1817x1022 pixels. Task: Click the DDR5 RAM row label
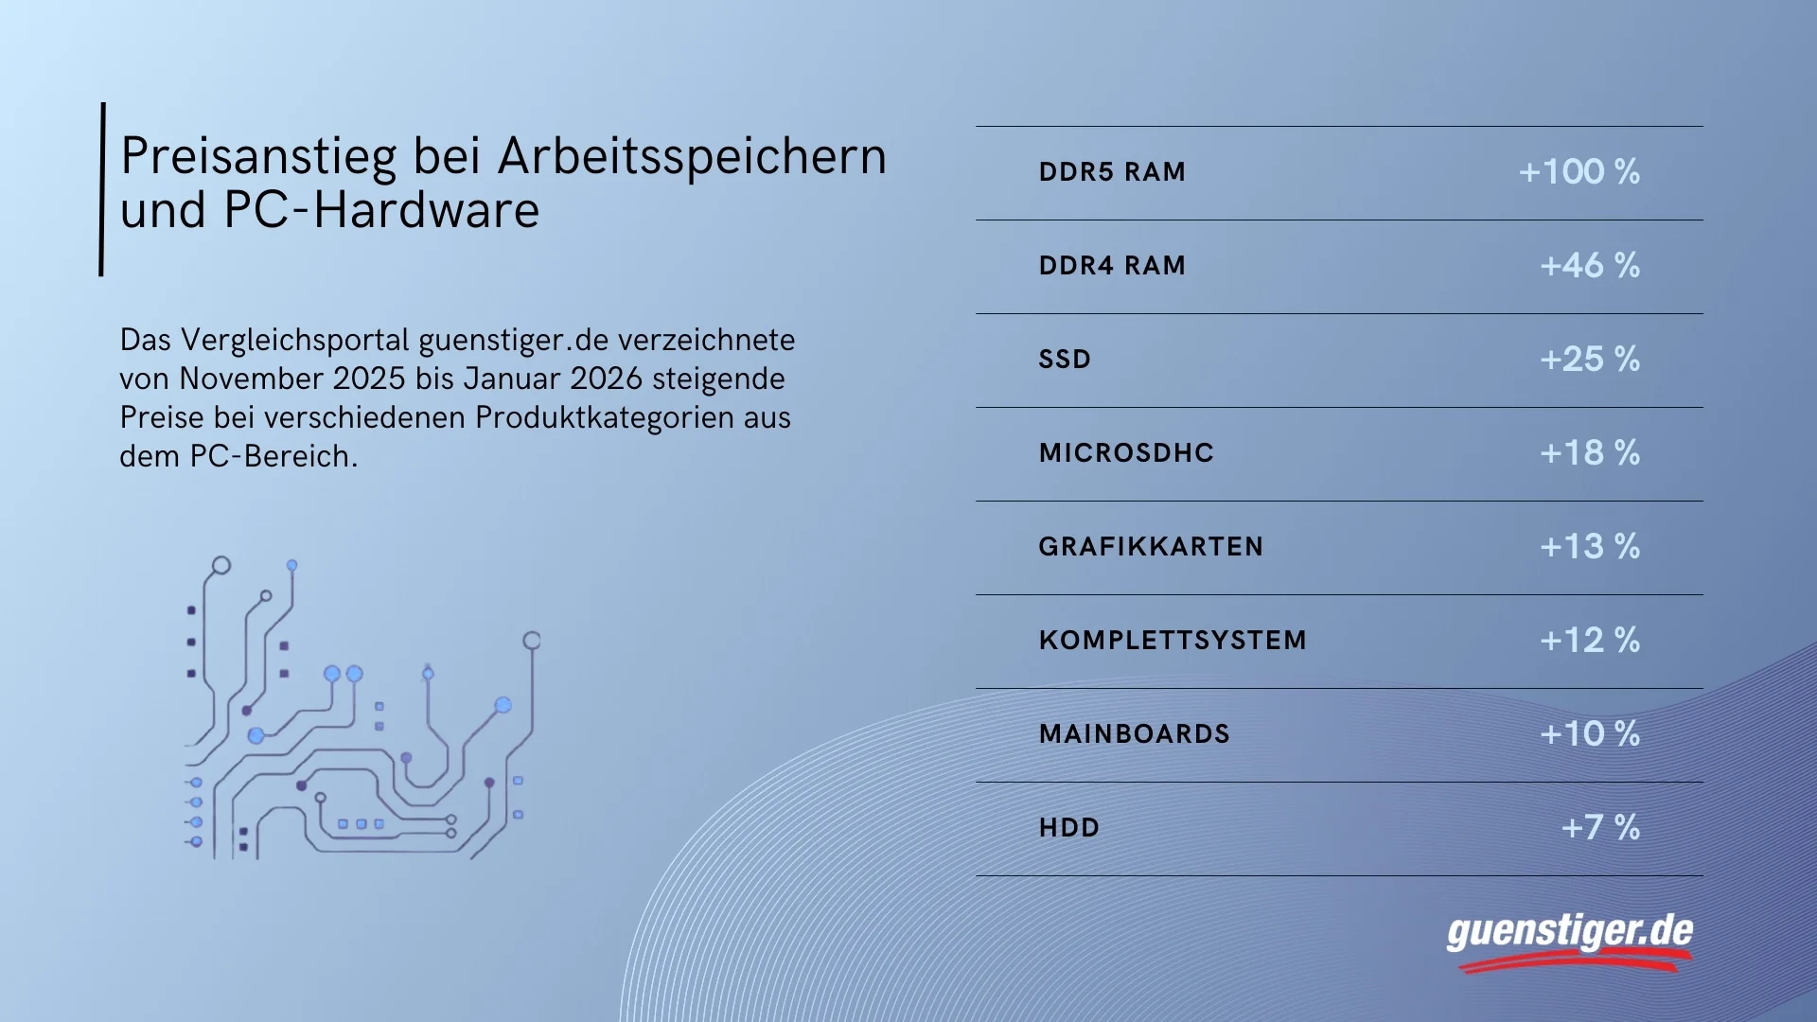pyautogui.click(x=1112, y=172)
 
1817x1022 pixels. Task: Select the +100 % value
pyautogui.click(x=1579, y=171)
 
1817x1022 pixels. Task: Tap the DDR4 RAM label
pyautogui.click(x=1112, y=266)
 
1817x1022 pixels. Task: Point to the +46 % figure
pyautogui.click(x=1590, y=265)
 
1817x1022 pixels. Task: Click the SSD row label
pyautogui.click(x=1065, y=360)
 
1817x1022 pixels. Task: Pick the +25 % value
pyautogui.click(x=1590, y=359)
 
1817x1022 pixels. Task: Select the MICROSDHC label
pyautogui.click(x=1126, y=453)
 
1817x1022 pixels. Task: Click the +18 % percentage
pyautogui.click(x=1590, y=452)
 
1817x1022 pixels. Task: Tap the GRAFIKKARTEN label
pyautogui.click(x=1151, y=547)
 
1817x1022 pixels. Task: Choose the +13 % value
pyautogui.click(x=1590, y=546)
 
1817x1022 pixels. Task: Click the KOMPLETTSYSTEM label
pyautogui.click(x=1173, y=641)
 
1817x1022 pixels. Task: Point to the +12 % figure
pyautogui.click(x=1590, y=640)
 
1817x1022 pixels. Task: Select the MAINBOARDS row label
pyautogui.click(x=1135, y=734)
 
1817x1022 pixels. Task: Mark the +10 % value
pyautogui.click(x=1590, y=733)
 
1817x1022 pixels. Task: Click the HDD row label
pyautogui.click(x=1069, y=828)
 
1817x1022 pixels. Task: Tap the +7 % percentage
pyautogui.click(x=1600, y=827)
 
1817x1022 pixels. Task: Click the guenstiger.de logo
pyautogui.click(x=1570, y=943)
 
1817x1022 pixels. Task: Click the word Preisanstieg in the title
pyautogui.click(x=258, y=158)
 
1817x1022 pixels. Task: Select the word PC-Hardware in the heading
pyautogui.click(x=381, y=210)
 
